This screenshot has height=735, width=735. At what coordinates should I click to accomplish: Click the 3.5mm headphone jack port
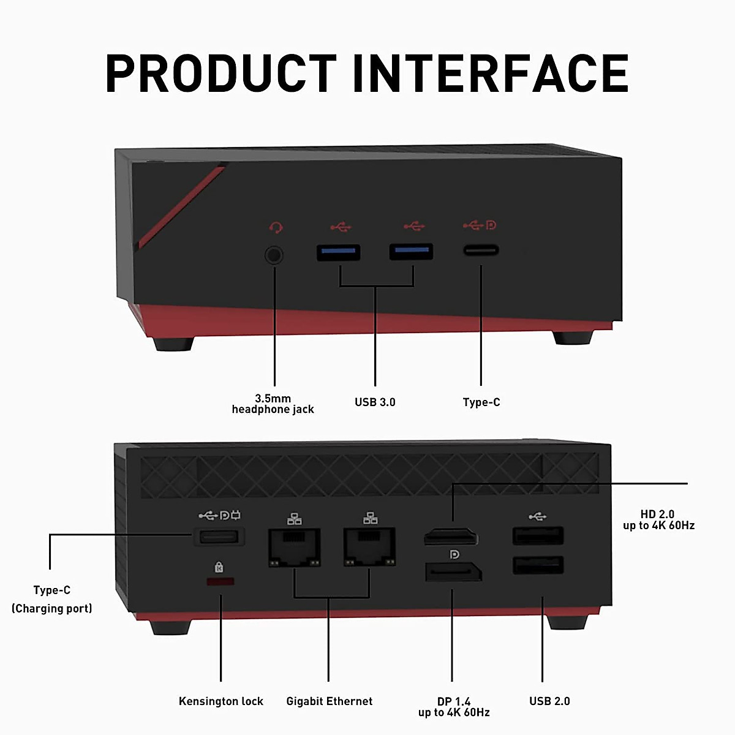click(274, 254)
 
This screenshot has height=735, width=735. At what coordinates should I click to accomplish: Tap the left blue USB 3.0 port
click(338, 252)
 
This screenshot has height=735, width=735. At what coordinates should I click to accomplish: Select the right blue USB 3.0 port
click(411, 252)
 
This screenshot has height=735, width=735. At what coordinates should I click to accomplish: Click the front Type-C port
click(481, 250)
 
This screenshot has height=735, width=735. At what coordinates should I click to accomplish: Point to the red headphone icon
click(276, 228)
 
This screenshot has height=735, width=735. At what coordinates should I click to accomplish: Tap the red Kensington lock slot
click(221, 581)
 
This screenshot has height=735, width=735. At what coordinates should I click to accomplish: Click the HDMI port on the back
click(451, 538)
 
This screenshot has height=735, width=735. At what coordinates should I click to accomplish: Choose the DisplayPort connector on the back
click(453, 573)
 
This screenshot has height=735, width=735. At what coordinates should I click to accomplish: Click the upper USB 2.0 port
click(538, 537)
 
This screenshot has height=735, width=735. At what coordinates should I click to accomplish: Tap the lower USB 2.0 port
click(538, 565)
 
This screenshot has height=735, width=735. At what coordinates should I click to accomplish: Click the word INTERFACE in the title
click(491, 73)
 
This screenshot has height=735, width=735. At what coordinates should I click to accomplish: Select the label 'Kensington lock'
click(221, 701)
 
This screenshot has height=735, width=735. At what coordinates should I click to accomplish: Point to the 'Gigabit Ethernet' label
click(329, 701)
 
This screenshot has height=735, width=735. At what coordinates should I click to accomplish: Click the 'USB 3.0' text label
click(375, 402)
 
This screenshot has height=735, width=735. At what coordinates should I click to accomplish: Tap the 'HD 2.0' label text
click(657, 514)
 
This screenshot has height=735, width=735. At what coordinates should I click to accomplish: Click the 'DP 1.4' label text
click(454, 701)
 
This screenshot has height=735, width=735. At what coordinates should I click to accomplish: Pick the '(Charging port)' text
click(52, 608)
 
